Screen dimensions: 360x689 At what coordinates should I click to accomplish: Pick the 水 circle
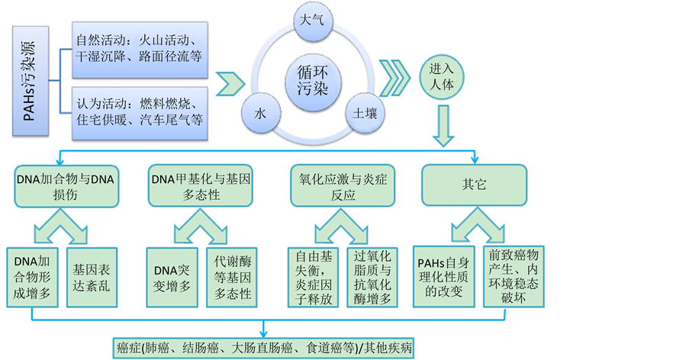261,113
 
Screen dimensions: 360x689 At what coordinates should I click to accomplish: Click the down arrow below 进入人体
443,127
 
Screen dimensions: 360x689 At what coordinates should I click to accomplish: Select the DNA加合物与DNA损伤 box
64,186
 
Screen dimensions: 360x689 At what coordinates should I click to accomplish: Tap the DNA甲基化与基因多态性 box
201,186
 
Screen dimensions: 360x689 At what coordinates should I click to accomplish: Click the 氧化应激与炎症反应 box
339,186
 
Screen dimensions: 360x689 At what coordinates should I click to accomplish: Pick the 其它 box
474,185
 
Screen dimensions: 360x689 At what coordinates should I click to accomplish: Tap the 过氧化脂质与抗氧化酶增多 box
373,276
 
